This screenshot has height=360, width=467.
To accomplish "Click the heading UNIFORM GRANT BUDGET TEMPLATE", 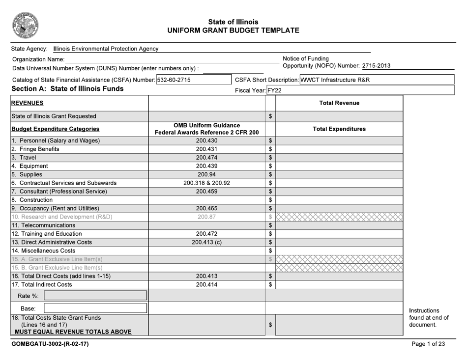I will click(x=233, y=30).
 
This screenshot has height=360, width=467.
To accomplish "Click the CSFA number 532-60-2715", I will click(x=174, y=80).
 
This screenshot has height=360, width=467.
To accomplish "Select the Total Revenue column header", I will click(x=339, y=103).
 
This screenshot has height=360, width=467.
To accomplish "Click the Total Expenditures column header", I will click(x=339, y=129).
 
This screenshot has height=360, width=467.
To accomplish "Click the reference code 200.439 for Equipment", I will click(x=206, y=166).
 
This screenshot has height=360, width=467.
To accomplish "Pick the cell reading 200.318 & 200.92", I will click(x=206, y=183).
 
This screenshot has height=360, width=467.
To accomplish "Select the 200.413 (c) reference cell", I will click(x=206, y=242).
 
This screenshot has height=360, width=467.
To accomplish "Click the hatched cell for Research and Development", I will click(x=339, y=217).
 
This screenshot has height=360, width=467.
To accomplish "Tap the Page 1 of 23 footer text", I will click(x=428, y=344).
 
